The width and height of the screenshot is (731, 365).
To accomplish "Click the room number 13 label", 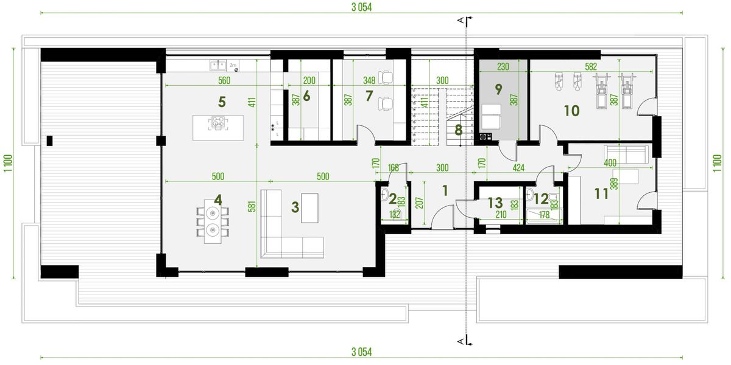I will point(495,203).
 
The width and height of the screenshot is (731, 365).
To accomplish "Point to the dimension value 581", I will point(252,207).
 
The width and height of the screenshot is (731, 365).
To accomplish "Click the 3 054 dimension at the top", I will point(361,7).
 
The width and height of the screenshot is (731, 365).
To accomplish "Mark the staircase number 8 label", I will point(458,129).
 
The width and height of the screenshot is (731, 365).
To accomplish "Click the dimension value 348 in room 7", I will point(369,80).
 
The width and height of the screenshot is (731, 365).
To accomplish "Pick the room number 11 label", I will point(601,195).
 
